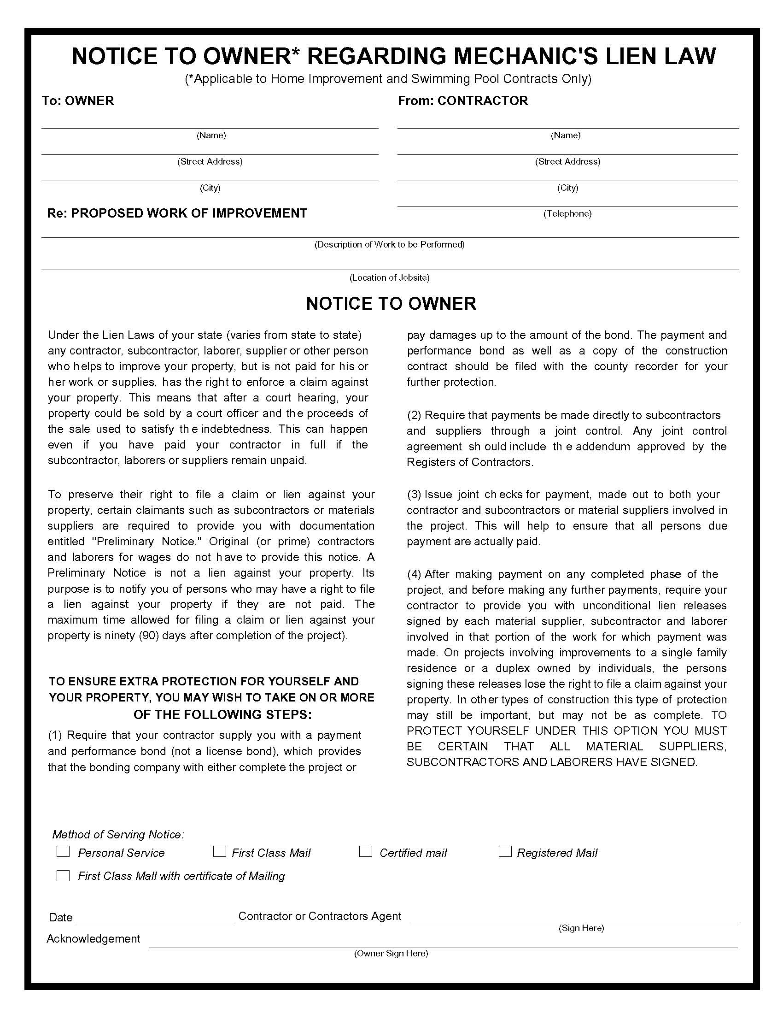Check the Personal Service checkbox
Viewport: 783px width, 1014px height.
[x=63, y=851]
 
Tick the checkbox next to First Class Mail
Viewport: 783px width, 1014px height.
[x=219, y=851]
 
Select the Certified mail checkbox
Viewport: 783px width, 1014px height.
[x=366, y=851]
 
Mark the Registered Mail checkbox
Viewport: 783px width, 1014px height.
[x=505, y=851]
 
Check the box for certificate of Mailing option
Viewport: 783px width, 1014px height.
[x=63, y=875]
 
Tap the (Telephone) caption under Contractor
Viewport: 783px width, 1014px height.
[x=567, y=213]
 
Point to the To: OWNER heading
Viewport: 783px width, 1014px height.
[x=78, y=101]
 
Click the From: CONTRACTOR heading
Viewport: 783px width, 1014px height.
[x=462, y=101]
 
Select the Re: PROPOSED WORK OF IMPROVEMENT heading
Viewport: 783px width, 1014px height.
[x=177, y=213]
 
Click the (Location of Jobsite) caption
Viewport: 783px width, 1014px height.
[x=389, y=277]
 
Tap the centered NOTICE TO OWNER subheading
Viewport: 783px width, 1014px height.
[x=391, y=303]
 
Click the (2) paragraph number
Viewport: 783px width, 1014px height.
[x=414, y=415]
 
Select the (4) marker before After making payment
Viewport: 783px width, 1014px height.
[x=414, y=574]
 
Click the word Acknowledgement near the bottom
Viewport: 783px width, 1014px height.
[x=93, y=938]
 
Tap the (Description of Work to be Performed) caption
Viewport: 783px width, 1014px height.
[x=389, y=244]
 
